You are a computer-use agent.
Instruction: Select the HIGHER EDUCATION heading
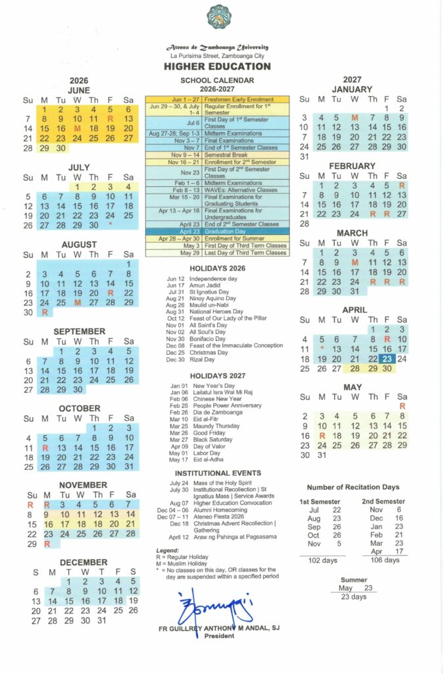(217, 66)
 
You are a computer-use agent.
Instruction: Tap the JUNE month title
(79, 90)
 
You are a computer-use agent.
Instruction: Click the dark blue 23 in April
(386, 359)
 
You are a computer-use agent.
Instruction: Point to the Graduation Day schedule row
(217, 231)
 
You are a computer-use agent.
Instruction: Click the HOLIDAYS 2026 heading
(217, 269)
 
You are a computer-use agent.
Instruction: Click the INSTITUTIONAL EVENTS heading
(217, 473)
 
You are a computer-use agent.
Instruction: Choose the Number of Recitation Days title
(353, 487)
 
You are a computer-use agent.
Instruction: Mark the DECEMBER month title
(84, 562)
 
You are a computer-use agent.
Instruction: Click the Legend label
(167, 550)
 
